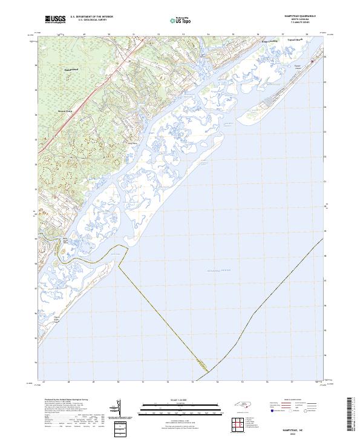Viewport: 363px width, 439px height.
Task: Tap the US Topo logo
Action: [x=180, y=21]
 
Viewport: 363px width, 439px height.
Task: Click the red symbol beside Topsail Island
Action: [x=312, y=61]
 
